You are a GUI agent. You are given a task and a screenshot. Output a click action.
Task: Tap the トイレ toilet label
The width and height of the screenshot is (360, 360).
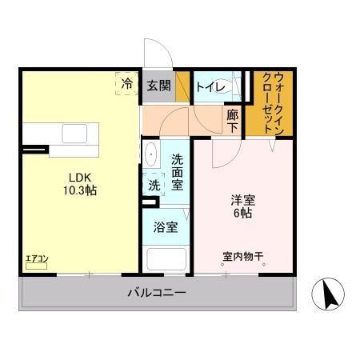pyautogui.click(x=209, y=86)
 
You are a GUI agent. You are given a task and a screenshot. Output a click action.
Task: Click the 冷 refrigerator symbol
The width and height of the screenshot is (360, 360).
pyautogui.click(x=126, y=82)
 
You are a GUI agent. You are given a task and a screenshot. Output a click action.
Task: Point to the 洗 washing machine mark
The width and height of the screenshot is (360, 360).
pyautogui.click(x=153, y=183)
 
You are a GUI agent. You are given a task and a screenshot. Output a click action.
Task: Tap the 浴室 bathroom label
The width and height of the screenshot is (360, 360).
pyautogui.click(x=166, y=226)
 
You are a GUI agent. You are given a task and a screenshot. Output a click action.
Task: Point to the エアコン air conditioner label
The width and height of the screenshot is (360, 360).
pyautogui.click(x=37, y=258)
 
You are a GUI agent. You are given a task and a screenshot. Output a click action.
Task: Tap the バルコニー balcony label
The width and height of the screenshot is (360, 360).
pyautogui.click(x=157, y=293)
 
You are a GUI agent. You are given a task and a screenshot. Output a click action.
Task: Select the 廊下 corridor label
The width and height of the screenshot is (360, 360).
pyautogui.click(x=232, y=120)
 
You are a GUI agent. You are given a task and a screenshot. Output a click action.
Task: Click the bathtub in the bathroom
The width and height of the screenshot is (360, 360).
pyautogui.click(x=166, y=261)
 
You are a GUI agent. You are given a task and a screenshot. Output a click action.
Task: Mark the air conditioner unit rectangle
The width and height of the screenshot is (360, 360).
pyautogui.click(x=37, y=266)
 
